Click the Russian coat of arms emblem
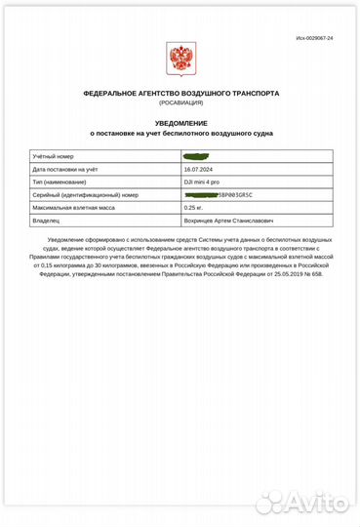(x=180, y=60)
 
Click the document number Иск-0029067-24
(x=314, y=37)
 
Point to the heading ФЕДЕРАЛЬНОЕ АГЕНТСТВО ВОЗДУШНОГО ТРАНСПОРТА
(x=180, y=93)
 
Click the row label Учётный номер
(x=54, y=156)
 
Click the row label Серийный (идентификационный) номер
(x=85, y=194)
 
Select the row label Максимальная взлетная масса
(x=75, y=207)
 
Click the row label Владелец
(x=49, y=221)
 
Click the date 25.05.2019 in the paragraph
(x=278, y=273)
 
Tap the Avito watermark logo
(x=301, y=503)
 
